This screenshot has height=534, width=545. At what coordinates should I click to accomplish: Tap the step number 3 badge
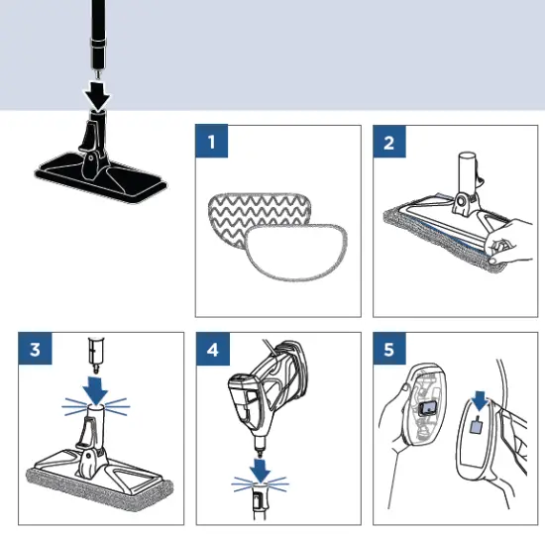[35, 350]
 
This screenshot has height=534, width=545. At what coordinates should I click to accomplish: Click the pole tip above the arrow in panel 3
[94, 350]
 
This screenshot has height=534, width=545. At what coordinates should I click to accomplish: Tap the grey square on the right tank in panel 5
[476, 424]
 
